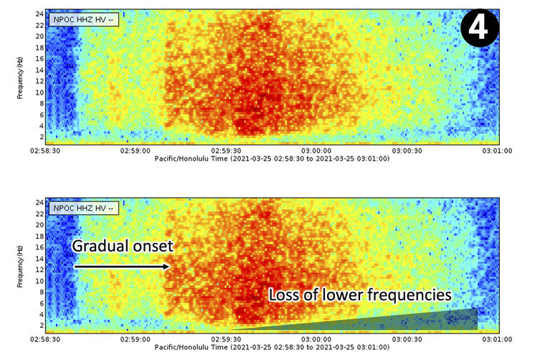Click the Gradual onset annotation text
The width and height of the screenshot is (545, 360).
[x=123, y=246]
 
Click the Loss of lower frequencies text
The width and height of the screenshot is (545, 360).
[x=360, y=294]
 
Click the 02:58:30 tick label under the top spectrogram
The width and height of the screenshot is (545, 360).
[x=44, y=151]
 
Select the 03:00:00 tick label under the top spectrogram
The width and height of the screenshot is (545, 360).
[x=316, y=151]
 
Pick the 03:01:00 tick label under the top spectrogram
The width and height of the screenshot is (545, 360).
[x=496, y=151]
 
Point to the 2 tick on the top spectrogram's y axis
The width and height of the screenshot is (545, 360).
[x=42, y=136]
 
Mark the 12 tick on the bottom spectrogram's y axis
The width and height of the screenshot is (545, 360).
[x=40, y=270]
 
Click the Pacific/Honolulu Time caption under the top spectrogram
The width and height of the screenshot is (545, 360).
[x=272, y=158]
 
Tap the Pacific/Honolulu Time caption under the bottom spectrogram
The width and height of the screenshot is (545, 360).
[x=272, y=349]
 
